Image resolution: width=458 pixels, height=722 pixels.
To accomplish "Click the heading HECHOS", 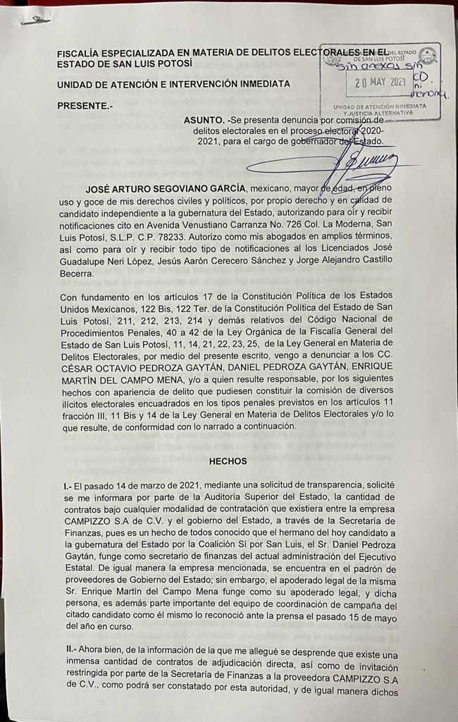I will pos(228,461).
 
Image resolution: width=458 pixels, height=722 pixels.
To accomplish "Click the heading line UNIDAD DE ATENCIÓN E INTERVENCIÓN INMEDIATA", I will pos(173,84).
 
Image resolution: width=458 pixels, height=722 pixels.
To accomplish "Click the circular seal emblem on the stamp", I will pos(427,56).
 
